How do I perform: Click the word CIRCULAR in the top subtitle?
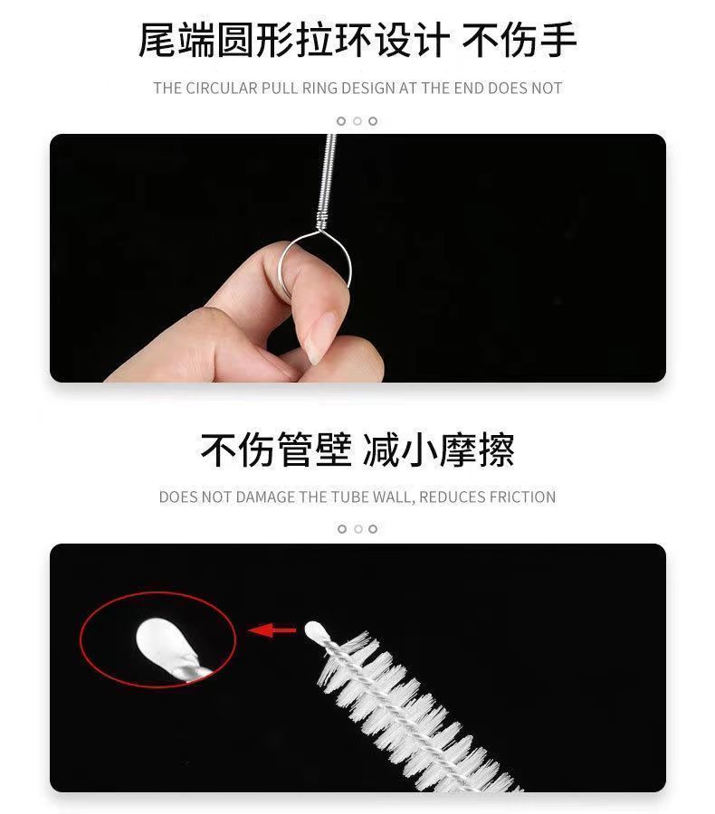coord(222,89)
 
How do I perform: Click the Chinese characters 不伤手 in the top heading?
coord(519,40)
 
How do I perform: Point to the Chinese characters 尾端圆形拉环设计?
coord(293,40)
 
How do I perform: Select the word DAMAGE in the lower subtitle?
coord(265,497)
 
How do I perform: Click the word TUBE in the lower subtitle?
coord(350,497)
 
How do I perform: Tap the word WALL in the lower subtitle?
coord(395,497)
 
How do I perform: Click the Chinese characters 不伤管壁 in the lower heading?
coord(276,449)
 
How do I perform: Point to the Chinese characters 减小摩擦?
coord(438,449)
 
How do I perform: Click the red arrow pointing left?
coord(272,630)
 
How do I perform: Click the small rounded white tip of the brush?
coord(315,631)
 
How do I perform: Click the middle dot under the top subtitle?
coord(357,121)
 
